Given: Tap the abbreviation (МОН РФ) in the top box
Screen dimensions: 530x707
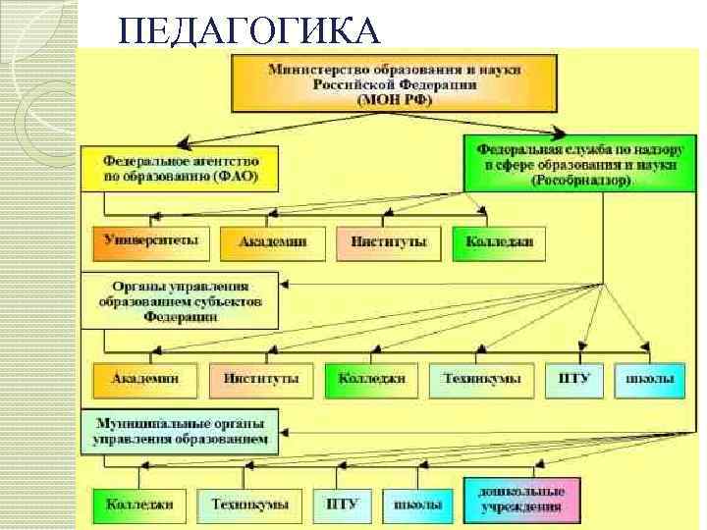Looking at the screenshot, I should (354, 101).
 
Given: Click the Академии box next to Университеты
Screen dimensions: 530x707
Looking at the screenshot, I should (270, 241).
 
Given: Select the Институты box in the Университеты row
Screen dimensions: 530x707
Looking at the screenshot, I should (387, 241).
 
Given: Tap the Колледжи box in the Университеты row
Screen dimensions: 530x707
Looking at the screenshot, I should (500, 241).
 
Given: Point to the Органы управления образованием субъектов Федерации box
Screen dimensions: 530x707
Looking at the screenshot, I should (186, 300).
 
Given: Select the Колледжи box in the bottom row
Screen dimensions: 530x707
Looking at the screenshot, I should (140, 504).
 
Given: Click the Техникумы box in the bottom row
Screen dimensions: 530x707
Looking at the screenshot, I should (249, 504).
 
